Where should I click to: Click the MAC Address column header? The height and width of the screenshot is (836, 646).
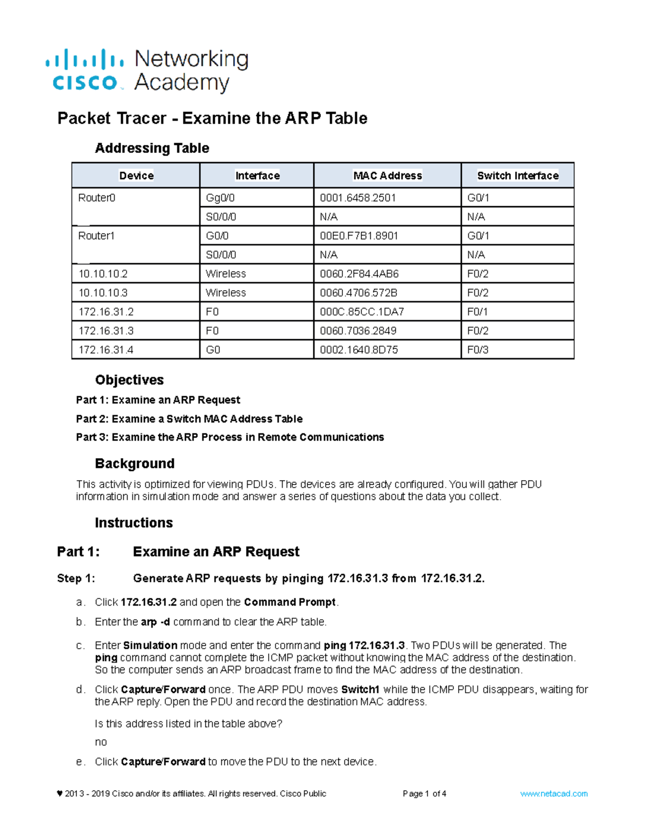tap(387, 175)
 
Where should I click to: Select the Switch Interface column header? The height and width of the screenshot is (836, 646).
tap(517, 175)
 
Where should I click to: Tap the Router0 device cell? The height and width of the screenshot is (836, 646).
tap(97, 198)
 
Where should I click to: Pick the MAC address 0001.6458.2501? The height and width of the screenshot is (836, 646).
tap(357, 198)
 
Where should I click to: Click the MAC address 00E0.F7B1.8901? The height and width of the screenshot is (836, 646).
tap(359, 236)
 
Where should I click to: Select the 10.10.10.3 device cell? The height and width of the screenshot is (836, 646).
tap(103, 293)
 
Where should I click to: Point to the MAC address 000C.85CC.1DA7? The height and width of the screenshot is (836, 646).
tap(362, 312)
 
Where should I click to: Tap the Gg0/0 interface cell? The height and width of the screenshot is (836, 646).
tap(220, 198)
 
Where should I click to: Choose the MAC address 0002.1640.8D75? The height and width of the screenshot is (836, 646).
tap(359, 350)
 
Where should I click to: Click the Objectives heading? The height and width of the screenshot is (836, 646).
tap(129, 380)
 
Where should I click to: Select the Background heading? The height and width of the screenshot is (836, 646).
tap(135, 463)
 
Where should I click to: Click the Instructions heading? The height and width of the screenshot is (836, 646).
tap(134, 523)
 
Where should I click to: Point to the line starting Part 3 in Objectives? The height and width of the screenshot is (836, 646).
tap(230, 437)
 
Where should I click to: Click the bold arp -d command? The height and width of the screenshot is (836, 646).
tap(155, 622)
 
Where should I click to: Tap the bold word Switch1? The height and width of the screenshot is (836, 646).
tap(360, 690)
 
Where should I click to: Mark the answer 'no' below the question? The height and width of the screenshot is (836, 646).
tap(101, 742)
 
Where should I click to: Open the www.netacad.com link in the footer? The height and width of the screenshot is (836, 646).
tap(553, 793)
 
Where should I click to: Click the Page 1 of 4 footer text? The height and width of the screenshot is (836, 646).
tap(424, 793)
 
